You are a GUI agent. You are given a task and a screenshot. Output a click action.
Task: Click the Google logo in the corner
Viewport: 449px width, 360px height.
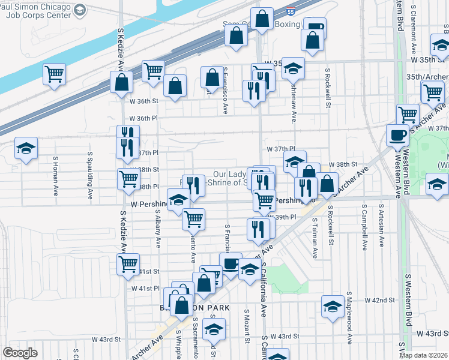pos(20,353)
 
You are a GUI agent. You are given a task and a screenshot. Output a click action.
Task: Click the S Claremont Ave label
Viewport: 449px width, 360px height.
pos(414,26)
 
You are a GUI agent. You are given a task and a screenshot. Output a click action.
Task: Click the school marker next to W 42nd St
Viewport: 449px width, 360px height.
pos(333,306)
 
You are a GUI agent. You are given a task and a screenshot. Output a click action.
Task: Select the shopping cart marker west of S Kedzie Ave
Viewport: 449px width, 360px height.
pos(54,74)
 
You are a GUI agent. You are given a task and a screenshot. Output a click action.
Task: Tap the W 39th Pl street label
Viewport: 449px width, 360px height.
pos(286,217)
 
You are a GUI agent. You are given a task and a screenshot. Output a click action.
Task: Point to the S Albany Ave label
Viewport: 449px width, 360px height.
pos(159,229)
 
